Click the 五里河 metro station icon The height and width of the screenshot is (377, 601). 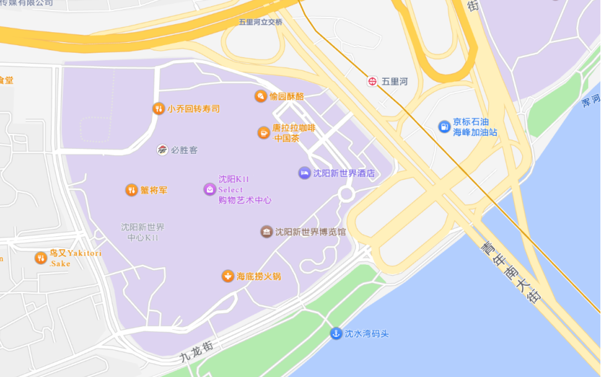tap(372, 81)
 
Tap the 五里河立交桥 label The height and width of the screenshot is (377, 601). tap(260, 22)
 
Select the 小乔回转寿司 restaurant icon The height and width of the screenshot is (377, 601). tap(158, 109)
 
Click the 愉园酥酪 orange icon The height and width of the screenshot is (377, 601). tap(260, 96)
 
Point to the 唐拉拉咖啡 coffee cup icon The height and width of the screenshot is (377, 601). tap(264, 133)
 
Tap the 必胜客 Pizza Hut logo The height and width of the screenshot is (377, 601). tap(162, 150)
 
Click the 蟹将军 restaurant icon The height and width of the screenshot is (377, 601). tap(131, 190)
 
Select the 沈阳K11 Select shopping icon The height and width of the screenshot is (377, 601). tap(210, 189)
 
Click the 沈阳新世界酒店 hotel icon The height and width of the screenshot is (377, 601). tap(304, 173)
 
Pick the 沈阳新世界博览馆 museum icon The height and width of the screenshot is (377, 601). tap(267, 232)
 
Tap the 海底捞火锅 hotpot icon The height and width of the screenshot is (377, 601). tap(228, 276)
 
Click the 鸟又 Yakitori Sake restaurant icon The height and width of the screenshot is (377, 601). tap(41, 258)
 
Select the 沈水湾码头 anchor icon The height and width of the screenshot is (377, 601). tap(336, 334)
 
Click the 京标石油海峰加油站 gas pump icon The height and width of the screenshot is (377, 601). tap(444, 126)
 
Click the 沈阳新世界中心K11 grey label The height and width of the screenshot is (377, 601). tap(143, 233)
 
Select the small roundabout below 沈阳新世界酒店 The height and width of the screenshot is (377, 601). tap(346, 194)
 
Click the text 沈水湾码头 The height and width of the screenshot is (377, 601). tap(367, 334)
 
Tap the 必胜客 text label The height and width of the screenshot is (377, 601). tap(184, 150)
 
